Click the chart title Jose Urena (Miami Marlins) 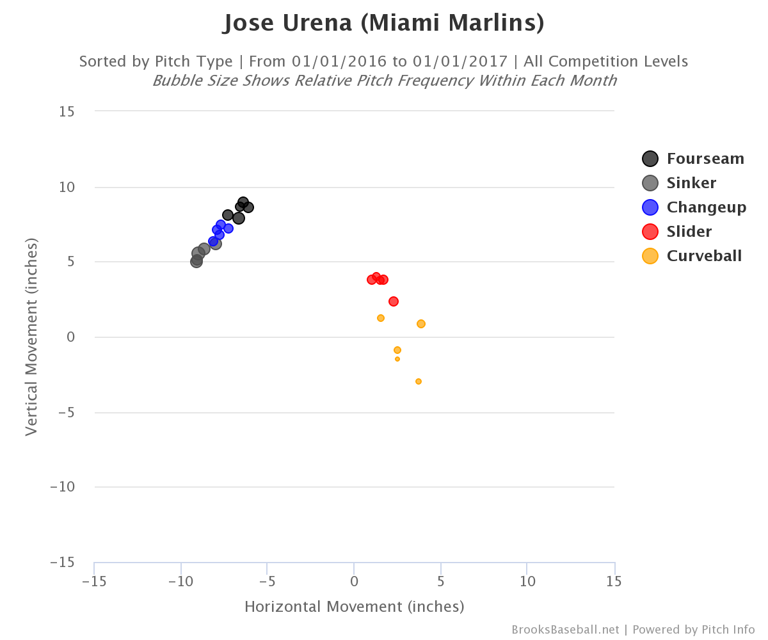click(x=383, y=24)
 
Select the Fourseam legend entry click(x=694, y=159)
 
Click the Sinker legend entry click(x=680, y=183)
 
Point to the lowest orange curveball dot click(x=419, y=381)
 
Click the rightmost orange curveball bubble click(x=421, y=324)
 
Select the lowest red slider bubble click(x=394, y=301)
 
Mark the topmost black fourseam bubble click(x=243, y=202)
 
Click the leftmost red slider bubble click(x=372, y=280)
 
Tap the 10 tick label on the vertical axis click(x=67, y=188)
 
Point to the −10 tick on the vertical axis click(x=63, y=487)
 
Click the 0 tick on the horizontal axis click(x=354, y=582)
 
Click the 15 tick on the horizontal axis click(x=614, y=582)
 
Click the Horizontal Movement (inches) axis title click(x=354, y=607)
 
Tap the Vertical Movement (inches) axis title click(x=31, y=337)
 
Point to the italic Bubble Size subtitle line click(x=384, y=81)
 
